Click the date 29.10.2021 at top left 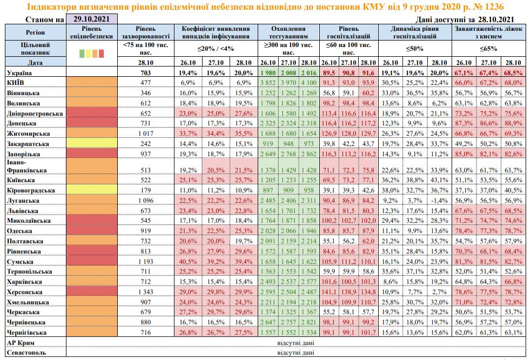coord(91,19)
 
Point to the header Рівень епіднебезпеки coord(92,32)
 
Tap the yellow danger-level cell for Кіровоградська coord(92,190)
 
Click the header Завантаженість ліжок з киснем coord(489,32)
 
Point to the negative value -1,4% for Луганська coord(439,200)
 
